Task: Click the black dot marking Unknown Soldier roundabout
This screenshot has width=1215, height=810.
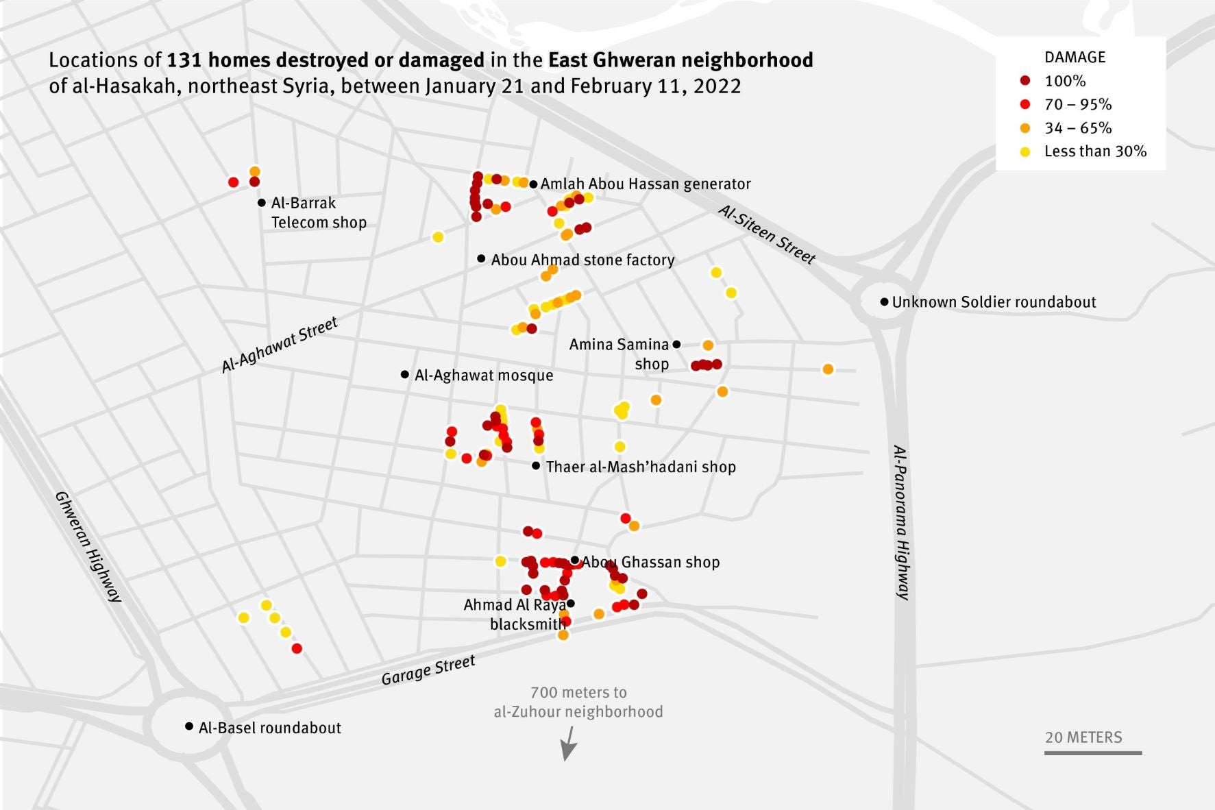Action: tap(884, 302)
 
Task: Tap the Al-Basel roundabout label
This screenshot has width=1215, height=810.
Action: tap(269, 728)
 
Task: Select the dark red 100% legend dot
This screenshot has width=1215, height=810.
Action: tap(1025, 81)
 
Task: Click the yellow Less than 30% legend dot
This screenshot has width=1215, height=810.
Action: tap(1025, 151)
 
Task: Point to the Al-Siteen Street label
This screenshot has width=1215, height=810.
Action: tap(767, 234)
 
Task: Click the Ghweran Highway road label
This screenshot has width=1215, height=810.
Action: tap(88, 546)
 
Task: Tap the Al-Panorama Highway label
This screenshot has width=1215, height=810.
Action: tap(902, 522)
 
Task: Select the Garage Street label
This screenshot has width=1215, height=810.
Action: tap(428, 670)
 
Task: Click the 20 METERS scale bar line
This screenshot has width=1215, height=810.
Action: tap(1093, 753)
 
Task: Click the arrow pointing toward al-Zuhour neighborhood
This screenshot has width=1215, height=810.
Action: tap(567, 744)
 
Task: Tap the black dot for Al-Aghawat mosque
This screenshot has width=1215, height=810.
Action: tap(405, 374)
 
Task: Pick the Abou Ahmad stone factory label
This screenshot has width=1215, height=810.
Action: tap(582, 260)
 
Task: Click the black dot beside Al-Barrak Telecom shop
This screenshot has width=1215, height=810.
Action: tap(262, 203)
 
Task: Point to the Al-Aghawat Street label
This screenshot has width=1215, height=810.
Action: tap(280, 345)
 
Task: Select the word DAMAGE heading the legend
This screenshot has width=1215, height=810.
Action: tap(1075, 58)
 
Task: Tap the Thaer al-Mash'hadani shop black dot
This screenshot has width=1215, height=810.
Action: tap(536, 465)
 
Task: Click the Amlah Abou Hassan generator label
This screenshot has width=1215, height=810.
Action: tap(646, 184)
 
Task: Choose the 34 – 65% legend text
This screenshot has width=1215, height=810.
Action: tap(1078, 128)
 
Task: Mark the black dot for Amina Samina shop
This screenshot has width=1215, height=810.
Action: tap(676, 344)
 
